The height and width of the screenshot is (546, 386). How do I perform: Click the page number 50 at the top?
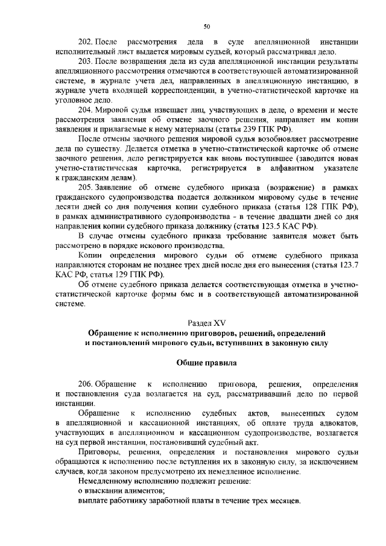click(x=206, y=27)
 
